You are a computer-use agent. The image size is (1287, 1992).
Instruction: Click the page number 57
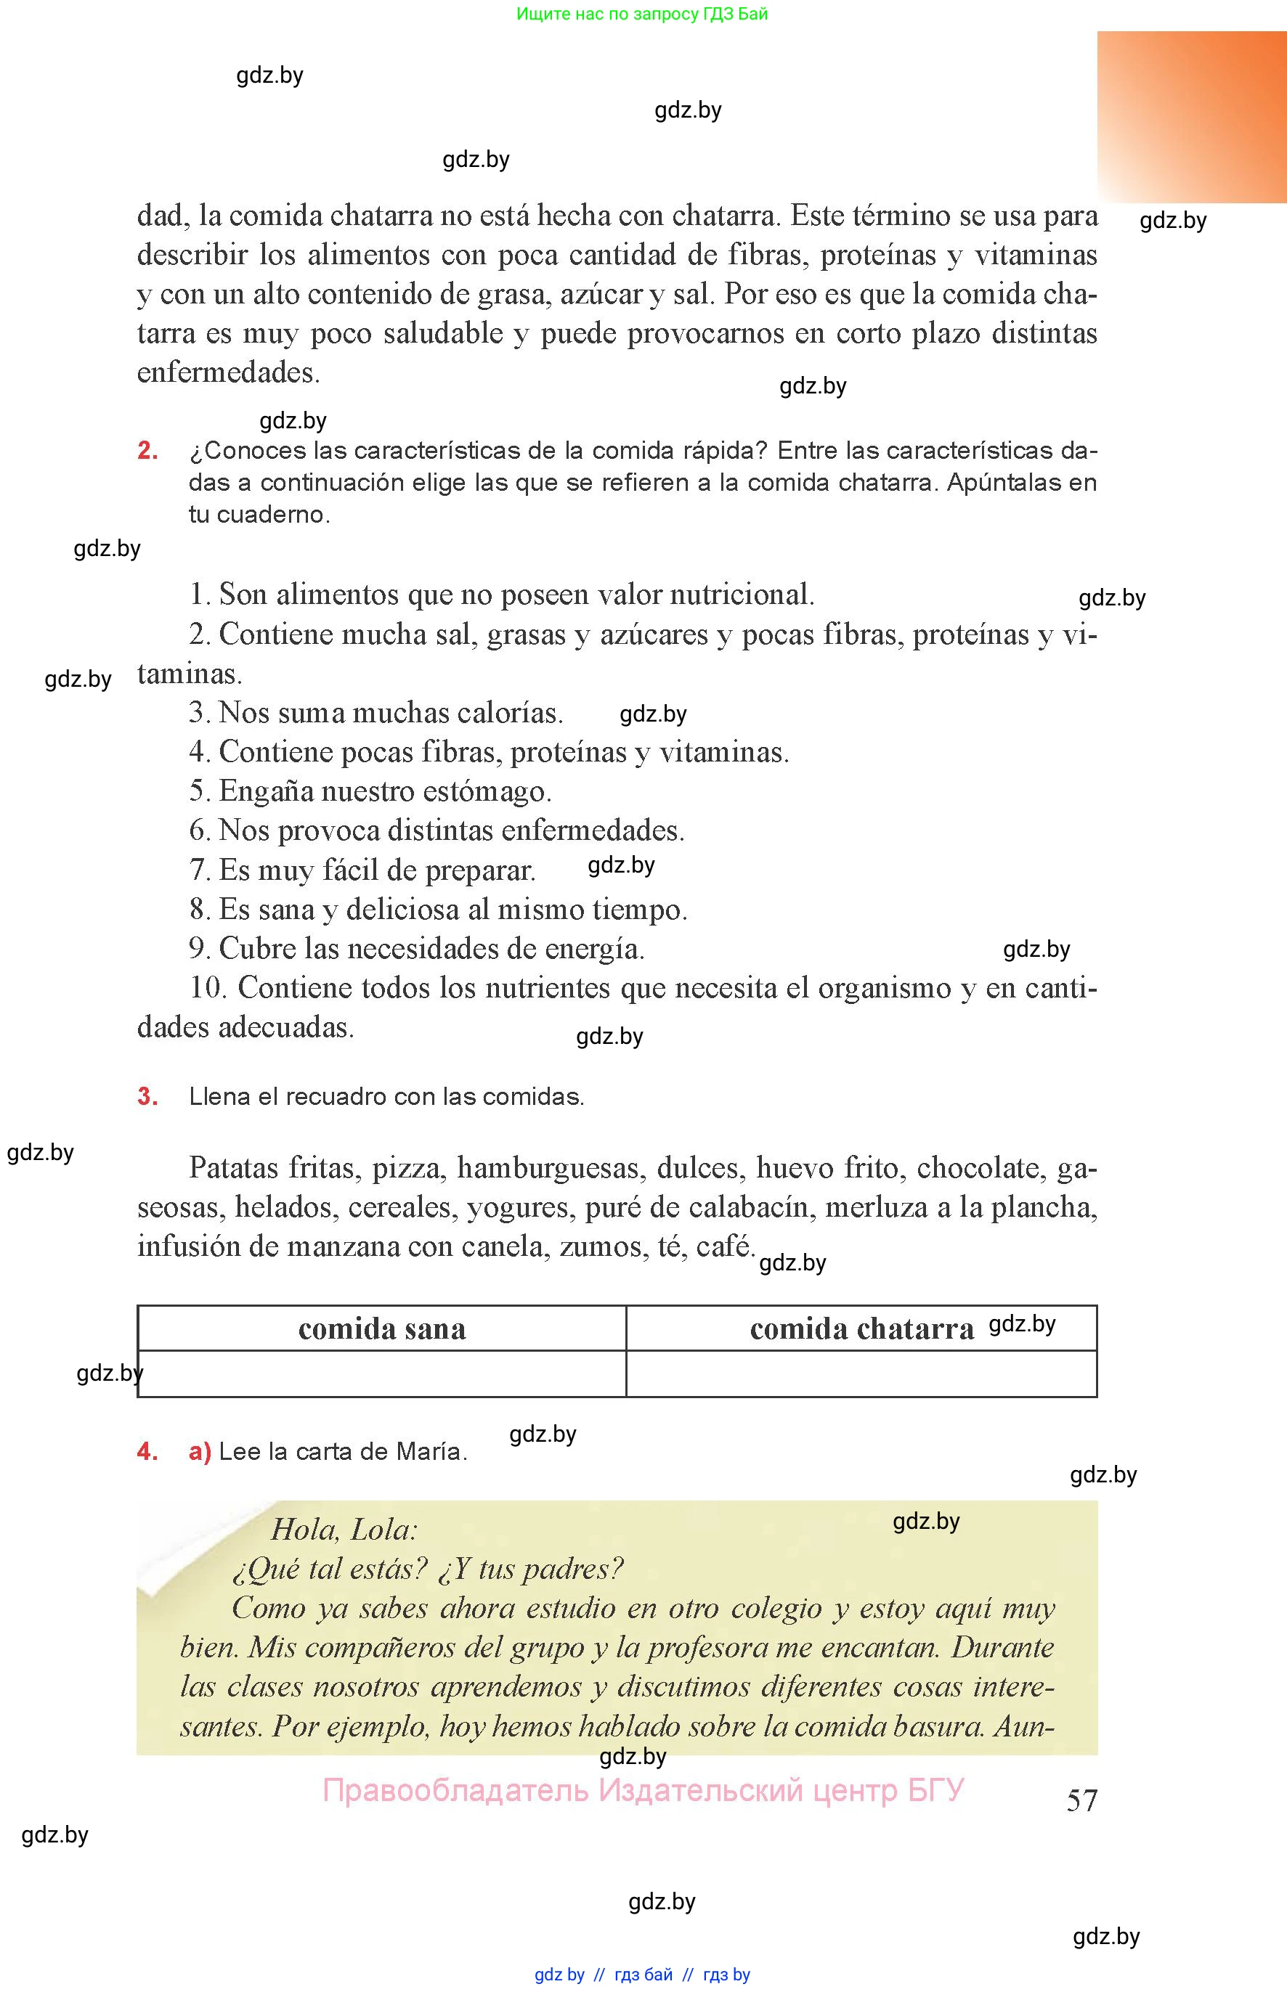tap(1081, 1800)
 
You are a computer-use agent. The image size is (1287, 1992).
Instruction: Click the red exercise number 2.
tap(148, 451)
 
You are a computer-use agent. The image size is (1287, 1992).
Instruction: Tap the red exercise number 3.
tap(148, 1097)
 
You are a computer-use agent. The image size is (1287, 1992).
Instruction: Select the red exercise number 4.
tap(148, 1452)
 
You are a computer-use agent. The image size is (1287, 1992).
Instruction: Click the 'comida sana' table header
tap(382, 1328)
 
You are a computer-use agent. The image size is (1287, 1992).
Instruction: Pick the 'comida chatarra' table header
tap(861, 1328)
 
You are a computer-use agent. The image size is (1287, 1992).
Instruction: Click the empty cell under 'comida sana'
tap(382, 1373)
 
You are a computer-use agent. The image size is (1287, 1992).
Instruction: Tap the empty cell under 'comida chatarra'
tap(861, 1373)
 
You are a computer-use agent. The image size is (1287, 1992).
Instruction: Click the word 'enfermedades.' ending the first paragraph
tap(228, 372)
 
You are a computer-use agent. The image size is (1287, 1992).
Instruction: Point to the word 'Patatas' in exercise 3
tap(233, 1167)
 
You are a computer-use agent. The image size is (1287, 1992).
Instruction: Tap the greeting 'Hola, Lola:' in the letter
tap(344, 1530)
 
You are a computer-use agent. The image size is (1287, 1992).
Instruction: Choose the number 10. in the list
tap(208, 987)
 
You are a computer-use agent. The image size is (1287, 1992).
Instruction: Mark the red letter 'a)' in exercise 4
tap(200, 1452)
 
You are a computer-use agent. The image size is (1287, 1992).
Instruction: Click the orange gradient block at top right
tap(1192, 117)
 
